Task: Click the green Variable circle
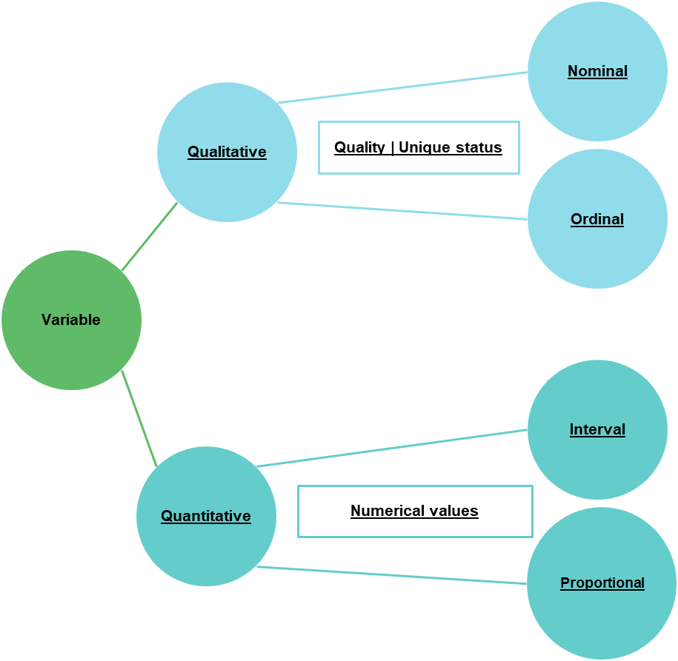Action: pyautogui.click(x=71, y=320)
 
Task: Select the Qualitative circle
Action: pyautogui.click(x=227, y=152)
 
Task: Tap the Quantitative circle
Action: pyautogui.click(x=206, y=516)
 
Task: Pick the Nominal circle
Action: pyautogui.click(x=597, y=71)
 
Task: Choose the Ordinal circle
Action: pyautogui.click(x=597, y=219)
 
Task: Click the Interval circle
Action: pyautogui.click(x=597, y=429)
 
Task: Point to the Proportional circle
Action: pyautogui.click(x=602, y=583)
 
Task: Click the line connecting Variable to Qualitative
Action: pyautogui.click(x=150, y=236)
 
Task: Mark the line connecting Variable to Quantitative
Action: pyautogui.click(x=139, y=419)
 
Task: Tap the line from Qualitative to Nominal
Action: pyautogui.click(x=402, y=87)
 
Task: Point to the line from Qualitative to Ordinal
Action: pyautogui.click(x=402, y=211)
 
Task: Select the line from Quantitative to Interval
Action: pyautogui.click(x=393, y=448)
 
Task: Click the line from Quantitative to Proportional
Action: pyautogui.click(x=391, y=576)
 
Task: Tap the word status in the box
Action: pyautogui.click(x=476, y=147)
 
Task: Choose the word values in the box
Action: pyautogui.click(x=453, y=511)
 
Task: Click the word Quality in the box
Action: pyautogui.click(x=359, y=147)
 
